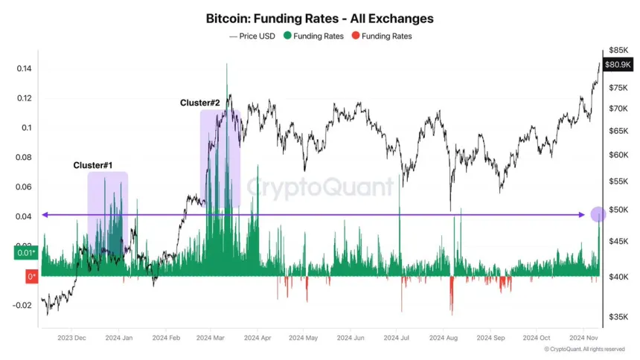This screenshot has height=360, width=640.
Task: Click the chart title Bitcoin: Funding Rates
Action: (319, 18)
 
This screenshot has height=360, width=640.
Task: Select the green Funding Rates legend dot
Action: (287, 36)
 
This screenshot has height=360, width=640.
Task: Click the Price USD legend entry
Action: (252, 36)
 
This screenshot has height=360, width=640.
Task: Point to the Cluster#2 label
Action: (199, 102)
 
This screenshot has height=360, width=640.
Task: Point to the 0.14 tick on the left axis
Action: (25, 69)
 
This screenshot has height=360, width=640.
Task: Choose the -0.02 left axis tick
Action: (22, 305)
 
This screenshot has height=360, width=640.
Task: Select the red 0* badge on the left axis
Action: (31, 277)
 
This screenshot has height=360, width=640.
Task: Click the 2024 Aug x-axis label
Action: (444, 337)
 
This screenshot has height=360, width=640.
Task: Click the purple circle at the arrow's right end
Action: (598, 214)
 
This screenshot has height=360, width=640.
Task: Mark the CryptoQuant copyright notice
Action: (583, 348)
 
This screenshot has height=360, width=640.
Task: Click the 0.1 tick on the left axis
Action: (27, 128)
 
